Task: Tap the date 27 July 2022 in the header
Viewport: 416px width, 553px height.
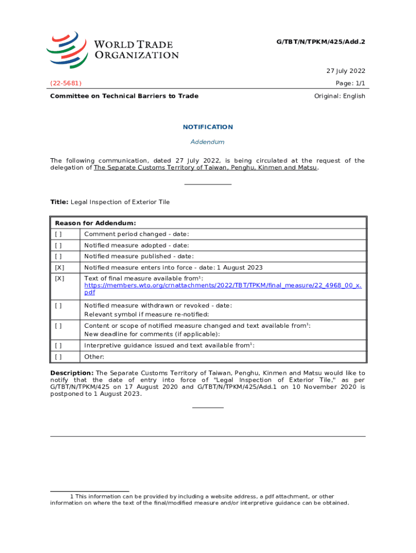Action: point(346,71)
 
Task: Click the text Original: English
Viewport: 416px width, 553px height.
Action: point(340,96)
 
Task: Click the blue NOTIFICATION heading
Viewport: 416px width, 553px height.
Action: point(208,127)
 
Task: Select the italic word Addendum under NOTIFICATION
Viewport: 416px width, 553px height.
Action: point(208,142)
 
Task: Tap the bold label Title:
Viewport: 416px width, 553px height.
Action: point(59,202)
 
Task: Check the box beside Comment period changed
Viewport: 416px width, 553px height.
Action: point(58,234)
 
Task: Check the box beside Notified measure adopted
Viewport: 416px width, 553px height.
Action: point(58,245)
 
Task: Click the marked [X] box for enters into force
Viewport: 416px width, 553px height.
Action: point(59,268)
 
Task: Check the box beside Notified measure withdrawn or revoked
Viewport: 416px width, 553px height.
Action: point(58,306)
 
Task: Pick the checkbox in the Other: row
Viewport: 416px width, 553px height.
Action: point(58,356)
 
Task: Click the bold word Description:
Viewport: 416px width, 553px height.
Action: point(72,373)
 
